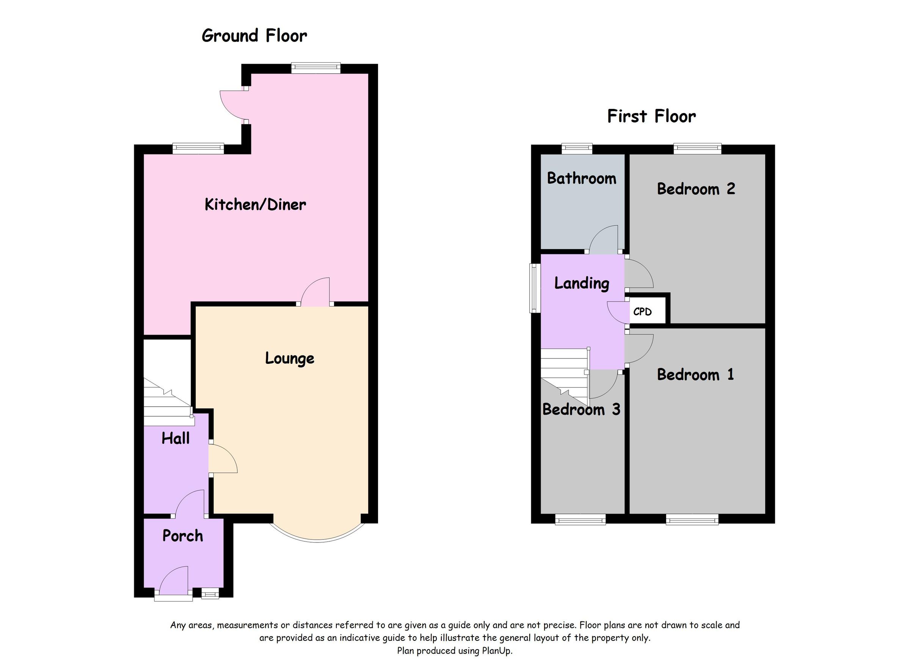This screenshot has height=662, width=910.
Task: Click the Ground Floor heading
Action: tap(254, 36)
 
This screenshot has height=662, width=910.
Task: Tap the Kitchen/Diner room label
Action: tap(255, 205)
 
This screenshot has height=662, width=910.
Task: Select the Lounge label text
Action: tap(289, 358)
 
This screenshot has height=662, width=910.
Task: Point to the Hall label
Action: tap(175, 439)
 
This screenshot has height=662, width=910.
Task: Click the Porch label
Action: tap(182, 536)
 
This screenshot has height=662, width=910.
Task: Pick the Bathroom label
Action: tap(581, 178)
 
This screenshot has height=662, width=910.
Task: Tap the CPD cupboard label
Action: tap(642, 312)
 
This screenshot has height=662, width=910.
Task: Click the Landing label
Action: tap(581, 283)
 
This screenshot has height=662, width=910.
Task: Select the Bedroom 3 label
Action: tap(581, 409)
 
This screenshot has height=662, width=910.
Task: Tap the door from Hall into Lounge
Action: tap(223, 460)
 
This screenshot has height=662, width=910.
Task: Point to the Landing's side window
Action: tap(533, 288)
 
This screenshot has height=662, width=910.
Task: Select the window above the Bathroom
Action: tap(577, 149)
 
